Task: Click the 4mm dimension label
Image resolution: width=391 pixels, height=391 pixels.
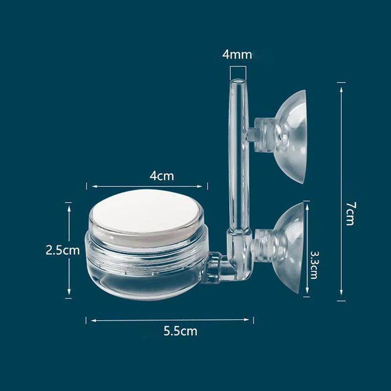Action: click(x=237, y=54)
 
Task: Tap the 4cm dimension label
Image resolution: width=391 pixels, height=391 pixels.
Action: click(x=161, y=175)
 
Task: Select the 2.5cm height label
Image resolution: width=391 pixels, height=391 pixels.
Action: click(x=62, y=250)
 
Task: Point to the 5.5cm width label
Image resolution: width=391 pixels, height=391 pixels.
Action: click(x=180, y=331)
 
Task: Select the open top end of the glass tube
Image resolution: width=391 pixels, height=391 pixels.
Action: click(x=238, y=81)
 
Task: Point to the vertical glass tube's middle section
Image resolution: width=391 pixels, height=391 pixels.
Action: click(x=239, y=161)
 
